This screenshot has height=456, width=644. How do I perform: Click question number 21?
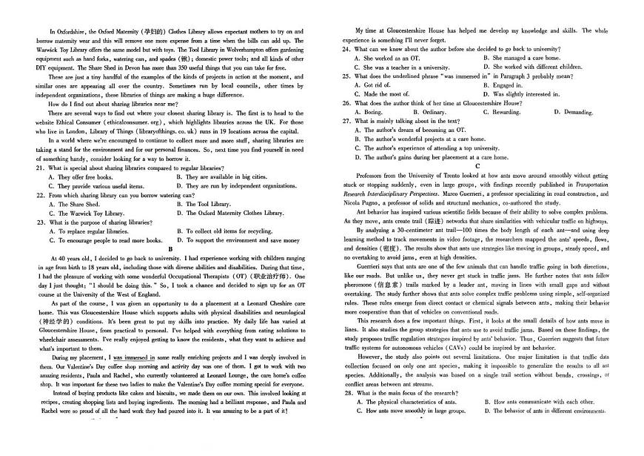click(x=40, y=168)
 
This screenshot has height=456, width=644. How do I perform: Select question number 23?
click(x=40, y=222)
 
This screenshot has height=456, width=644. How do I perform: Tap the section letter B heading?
click(x=170, y=249)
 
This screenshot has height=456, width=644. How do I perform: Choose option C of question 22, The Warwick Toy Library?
click(x=86, y=213)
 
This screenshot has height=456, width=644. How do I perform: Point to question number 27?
click(x=346, y=121)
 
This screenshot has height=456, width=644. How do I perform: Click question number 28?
click(x=346, y=392)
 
